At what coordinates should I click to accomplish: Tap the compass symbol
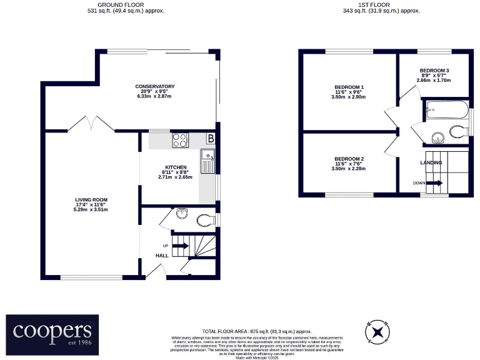[376, 332]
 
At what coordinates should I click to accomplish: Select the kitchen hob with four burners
[181, 141]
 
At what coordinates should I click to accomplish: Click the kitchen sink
[207, 161]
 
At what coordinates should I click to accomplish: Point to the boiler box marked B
[211, 138]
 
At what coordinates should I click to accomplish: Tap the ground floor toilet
[204, 219]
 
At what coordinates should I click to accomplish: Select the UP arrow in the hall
[180, 246]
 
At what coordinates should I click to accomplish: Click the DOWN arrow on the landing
[436, 183]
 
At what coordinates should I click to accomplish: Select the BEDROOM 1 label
[349, 87]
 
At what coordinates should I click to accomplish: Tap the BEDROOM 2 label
[349, 159]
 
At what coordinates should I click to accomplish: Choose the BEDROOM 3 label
[434, 70]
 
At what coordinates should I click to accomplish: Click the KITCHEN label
[176, 168]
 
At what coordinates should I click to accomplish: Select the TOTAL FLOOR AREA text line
[257, 331]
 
